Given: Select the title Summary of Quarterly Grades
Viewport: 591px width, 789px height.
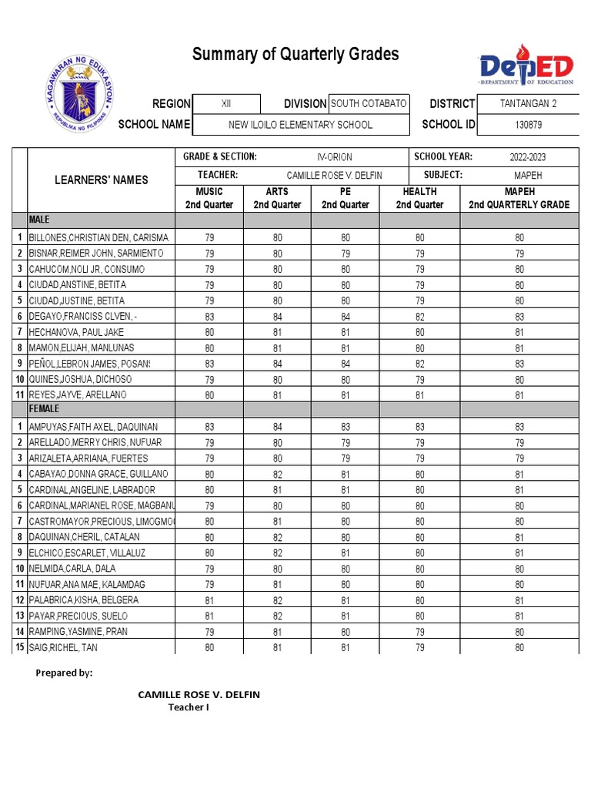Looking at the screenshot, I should coord(295,54).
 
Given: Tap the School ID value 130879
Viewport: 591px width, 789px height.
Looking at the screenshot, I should coord(528,125).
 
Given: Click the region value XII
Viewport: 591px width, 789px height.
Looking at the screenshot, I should coord(225,104).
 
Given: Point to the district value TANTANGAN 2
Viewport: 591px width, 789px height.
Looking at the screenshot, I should coord(528,104).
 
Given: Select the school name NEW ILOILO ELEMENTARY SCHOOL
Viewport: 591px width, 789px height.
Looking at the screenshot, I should coord(300,125).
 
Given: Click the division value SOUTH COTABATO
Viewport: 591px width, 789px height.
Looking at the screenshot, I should coord(369,104).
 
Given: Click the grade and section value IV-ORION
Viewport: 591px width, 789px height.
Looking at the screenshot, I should coord(335,157).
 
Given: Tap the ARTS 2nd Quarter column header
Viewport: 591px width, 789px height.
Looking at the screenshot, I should coord(277,198).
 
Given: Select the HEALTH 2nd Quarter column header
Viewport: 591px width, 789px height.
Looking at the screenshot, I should coord(419,198).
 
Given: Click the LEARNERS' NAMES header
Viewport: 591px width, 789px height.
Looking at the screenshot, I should coord(102,180).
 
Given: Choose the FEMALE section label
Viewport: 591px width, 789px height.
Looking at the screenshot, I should coord(44,410).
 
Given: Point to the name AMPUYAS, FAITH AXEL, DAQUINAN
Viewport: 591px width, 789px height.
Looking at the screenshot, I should coord(93,427).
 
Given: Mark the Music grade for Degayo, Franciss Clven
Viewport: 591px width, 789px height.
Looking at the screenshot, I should coord(209,317).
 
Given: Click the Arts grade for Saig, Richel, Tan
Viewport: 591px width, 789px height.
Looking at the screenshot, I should coord(277,647).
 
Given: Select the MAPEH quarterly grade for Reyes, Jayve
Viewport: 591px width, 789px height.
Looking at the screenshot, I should coord(519,395).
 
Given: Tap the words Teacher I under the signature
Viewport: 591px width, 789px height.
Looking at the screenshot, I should coord(189,707).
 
